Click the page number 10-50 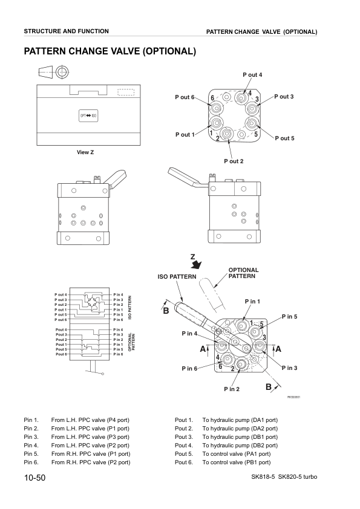(x=34, y=478)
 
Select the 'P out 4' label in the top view (x=252, y=74)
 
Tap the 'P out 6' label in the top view (x=185, y=97)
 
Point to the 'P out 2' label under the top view (x=234, y=161)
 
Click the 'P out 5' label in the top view (x=284, y=138)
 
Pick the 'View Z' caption (x=85, y=152)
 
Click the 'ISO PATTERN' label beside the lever (x=177, y=276)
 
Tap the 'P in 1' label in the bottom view (x=252, y=301)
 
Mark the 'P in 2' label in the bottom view (x=231, y=389)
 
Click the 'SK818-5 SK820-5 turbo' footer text (x=284, y=478)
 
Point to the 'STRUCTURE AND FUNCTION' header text (x=67, y=31)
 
